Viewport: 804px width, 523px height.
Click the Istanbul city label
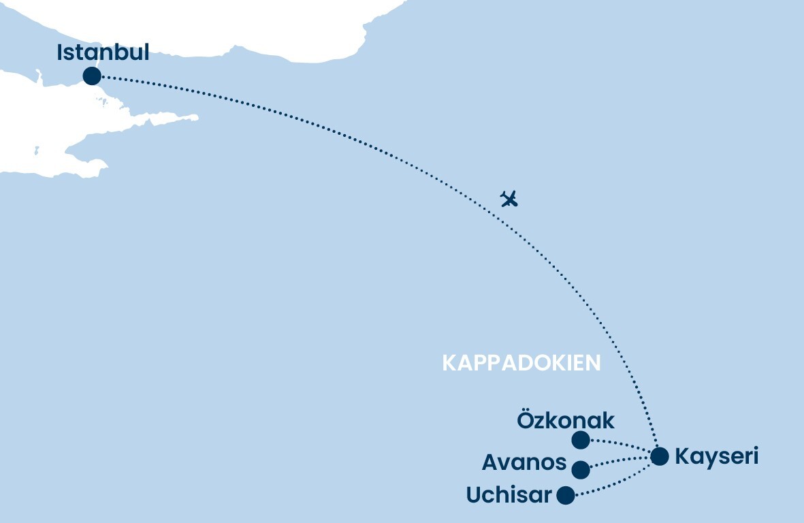pos(103,52)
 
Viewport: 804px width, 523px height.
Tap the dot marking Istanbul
pos(91,76)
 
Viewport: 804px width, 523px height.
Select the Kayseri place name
pos(716,456)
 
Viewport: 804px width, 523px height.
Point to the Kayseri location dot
pos(660,456)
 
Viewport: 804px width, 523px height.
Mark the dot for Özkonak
pos(581,440)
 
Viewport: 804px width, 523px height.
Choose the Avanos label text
pos(524,463)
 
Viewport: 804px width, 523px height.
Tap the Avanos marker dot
pos(581,470)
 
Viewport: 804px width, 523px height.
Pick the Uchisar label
pos(509,495)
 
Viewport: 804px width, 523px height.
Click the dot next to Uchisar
pos(566,495)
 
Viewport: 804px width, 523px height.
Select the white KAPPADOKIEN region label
pos(521,364)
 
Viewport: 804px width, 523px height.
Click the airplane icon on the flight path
pos(509,199)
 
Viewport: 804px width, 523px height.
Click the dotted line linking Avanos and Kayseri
pos(620,462)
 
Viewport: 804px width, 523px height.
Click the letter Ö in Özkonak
pos(526,420)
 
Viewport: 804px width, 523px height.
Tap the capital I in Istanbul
pos(61,52)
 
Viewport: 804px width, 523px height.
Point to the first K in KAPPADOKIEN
pos(449,364)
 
